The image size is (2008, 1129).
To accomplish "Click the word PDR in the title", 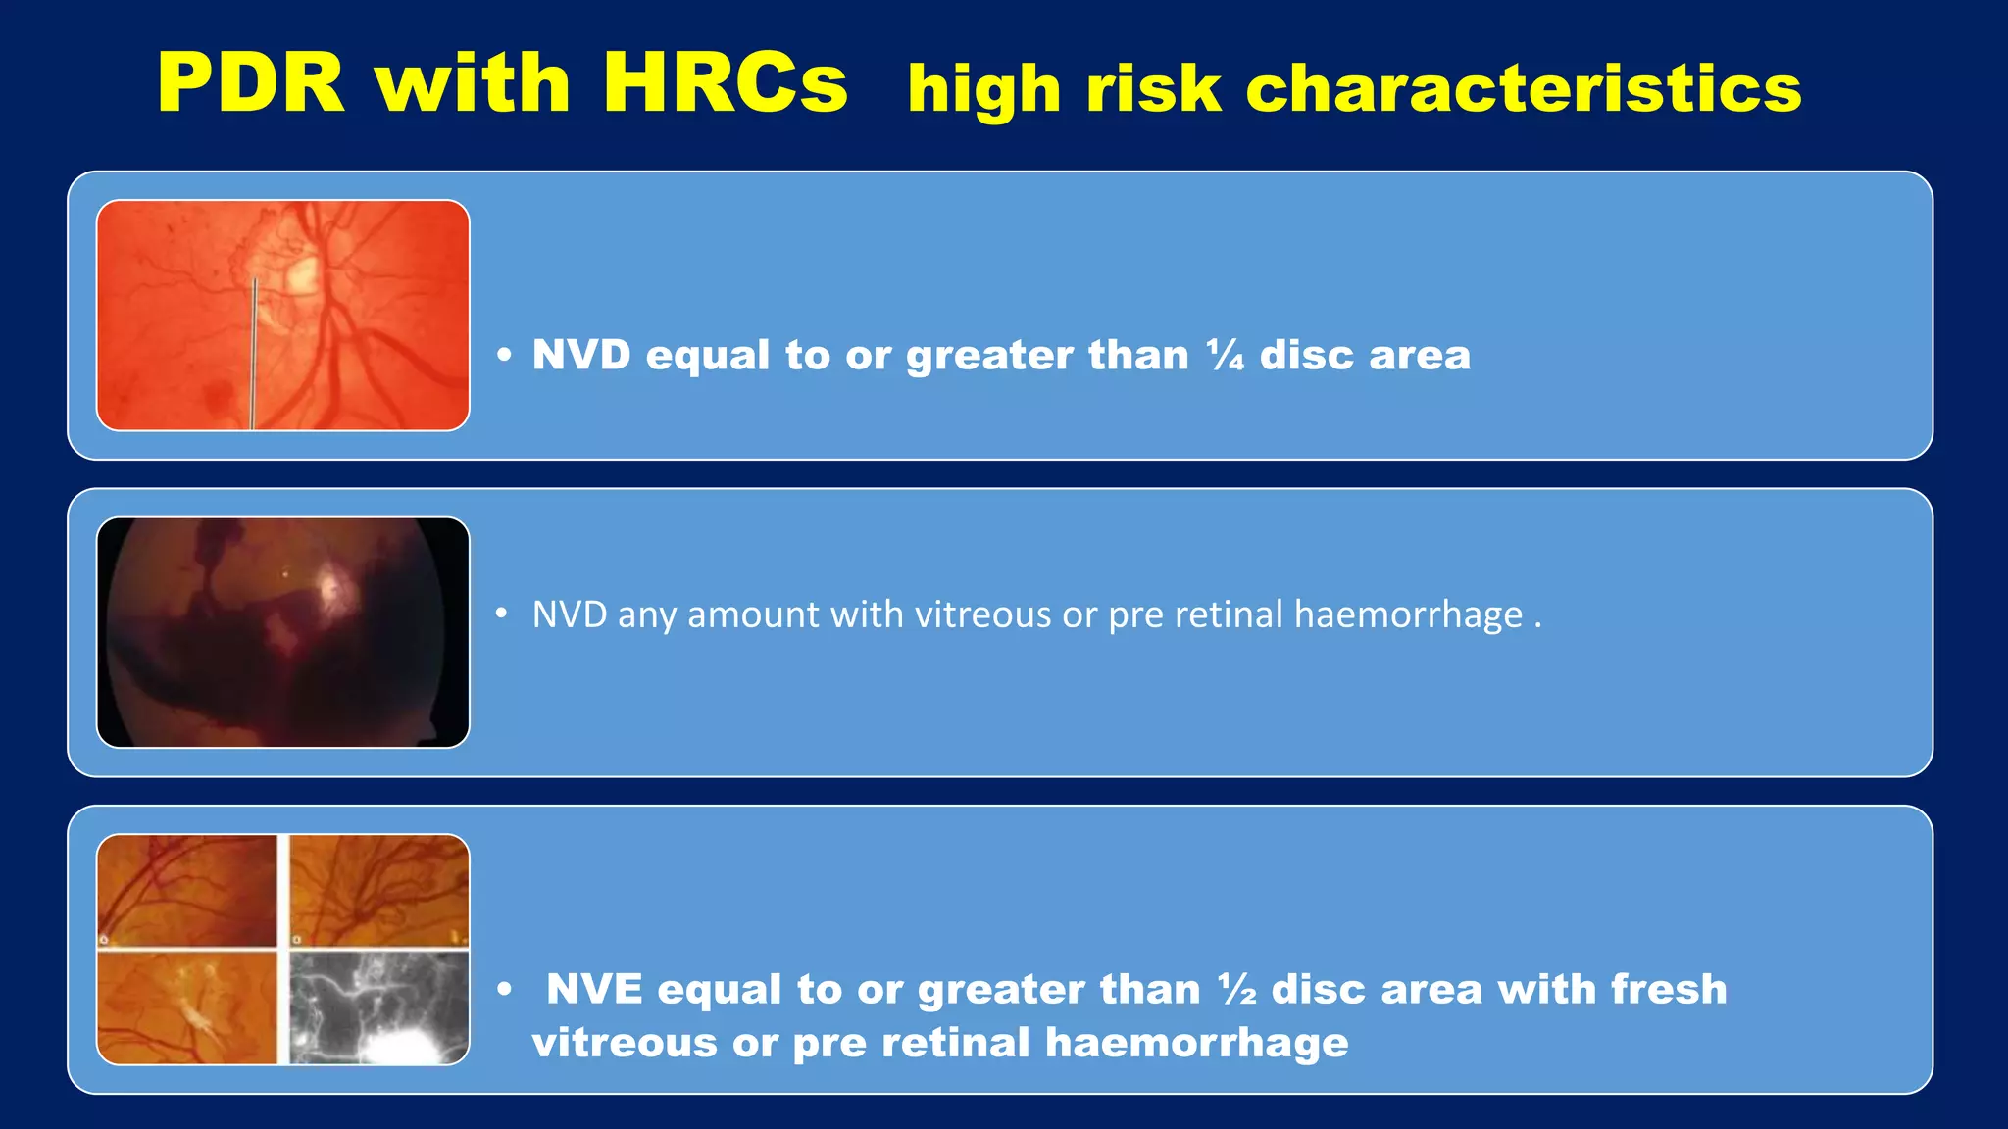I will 251,84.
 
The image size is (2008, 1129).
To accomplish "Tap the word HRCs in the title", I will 725,84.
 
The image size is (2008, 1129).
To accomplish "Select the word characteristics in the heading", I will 1523,89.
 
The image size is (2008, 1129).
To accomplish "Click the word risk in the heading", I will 1153,89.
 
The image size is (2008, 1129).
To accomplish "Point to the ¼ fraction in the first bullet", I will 1225,355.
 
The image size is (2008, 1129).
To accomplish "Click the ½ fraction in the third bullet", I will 1237,989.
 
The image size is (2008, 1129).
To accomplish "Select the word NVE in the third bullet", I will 594,989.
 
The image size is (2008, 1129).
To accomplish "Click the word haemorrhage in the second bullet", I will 1408,615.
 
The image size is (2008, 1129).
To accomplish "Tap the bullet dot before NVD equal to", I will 504,356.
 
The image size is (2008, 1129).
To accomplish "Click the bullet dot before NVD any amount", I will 502,614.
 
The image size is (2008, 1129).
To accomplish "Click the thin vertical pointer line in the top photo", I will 254,353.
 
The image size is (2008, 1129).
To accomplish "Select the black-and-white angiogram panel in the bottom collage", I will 379,1006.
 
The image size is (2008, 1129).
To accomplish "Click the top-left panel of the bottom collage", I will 187,891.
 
